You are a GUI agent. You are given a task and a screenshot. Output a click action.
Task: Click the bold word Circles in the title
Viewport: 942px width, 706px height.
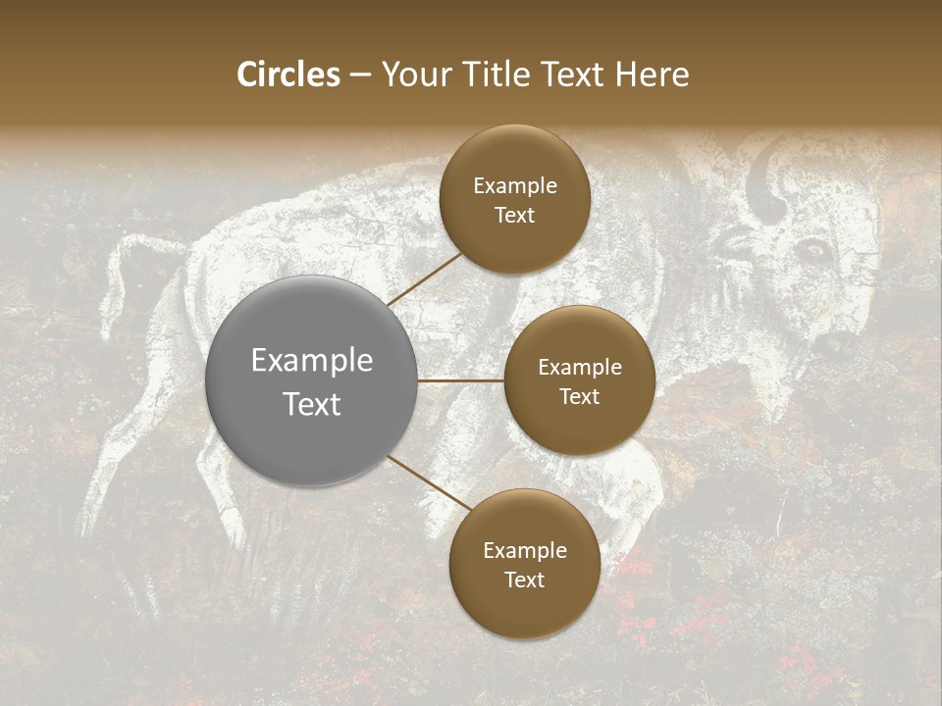click(x=288, y=75)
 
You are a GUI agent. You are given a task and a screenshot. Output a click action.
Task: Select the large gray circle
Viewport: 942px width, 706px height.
click(x=311, y=380)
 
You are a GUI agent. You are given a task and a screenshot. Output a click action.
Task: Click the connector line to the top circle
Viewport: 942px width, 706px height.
click(x=424, y=278)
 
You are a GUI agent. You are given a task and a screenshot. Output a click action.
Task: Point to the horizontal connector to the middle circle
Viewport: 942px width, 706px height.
click(x=461, y=380)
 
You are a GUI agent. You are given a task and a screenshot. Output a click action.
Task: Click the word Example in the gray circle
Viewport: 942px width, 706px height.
click(x=311, y=360)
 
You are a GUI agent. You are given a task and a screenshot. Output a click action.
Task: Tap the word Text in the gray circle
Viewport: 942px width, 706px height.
click(x=311, y=403)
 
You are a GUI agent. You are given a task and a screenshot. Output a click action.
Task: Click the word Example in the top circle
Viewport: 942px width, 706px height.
click(x=514, y=185)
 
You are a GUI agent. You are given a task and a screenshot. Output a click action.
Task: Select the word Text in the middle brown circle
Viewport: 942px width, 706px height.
click(x=579, y=396)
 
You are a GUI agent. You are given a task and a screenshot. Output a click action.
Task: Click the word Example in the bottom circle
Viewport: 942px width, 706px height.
click(x=524, y=550)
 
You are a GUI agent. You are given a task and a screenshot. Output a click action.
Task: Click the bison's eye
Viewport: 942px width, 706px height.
click(x=813, y=252)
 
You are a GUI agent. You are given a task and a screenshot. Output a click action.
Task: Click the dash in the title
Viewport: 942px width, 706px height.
click(x=360, y=75)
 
